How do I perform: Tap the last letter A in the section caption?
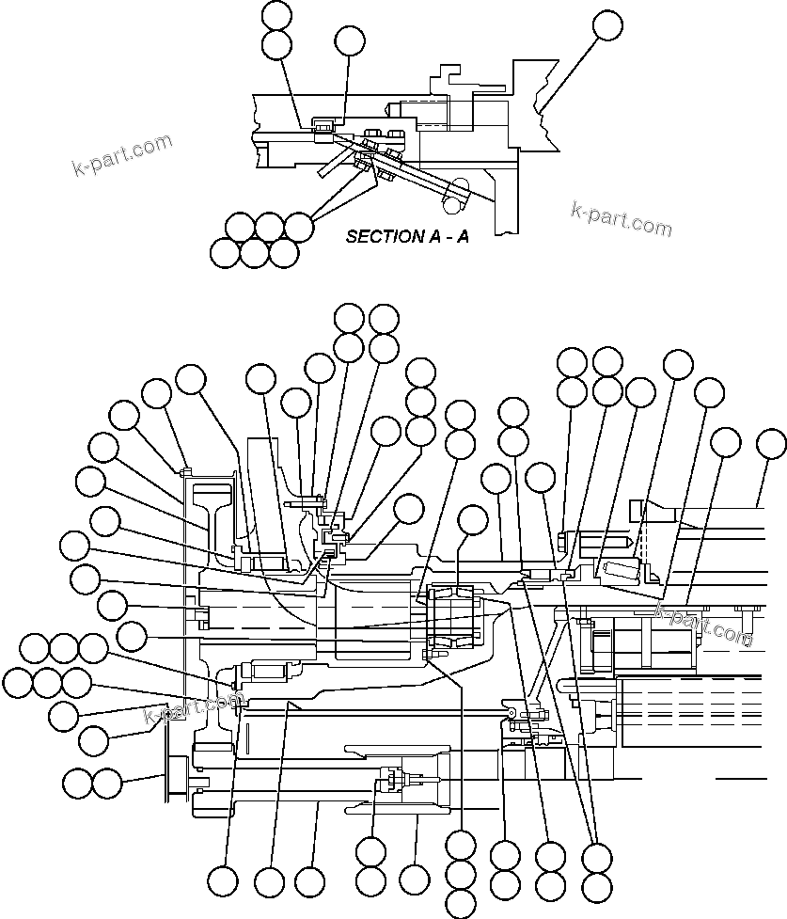pyautogui.click(x=463, y=237)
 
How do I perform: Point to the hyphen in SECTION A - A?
pyautogui.click(x=445, y=238)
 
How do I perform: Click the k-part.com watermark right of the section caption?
pyautogui.click(x=622, y=219)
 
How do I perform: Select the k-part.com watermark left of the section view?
pyautogui.click(x=122, y=155)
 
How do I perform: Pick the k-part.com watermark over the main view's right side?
pyautogui.click(x=704, y=624)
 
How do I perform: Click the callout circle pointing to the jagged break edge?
pyautogui.click(x=607, y=25)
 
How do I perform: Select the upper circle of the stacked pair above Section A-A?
pyautogui.click(x=277, y=14)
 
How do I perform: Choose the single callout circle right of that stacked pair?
pyautogui.click(x=349, y=40)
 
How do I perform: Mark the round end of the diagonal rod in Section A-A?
pyautogui.click(x=453, y=199)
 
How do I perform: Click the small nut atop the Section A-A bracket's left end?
pyautogui.click(x=323, y=126)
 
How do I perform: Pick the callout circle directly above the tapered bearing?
pyautogui.click(x=472, y=519)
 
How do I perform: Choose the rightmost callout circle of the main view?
pyautogui.click(x=773, y=442)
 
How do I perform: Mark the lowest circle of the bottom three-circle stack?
pyautogui.click(x=461, y=904)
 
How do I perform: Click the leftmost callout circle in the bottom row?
pyautogui.click(x=223, y=881)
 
